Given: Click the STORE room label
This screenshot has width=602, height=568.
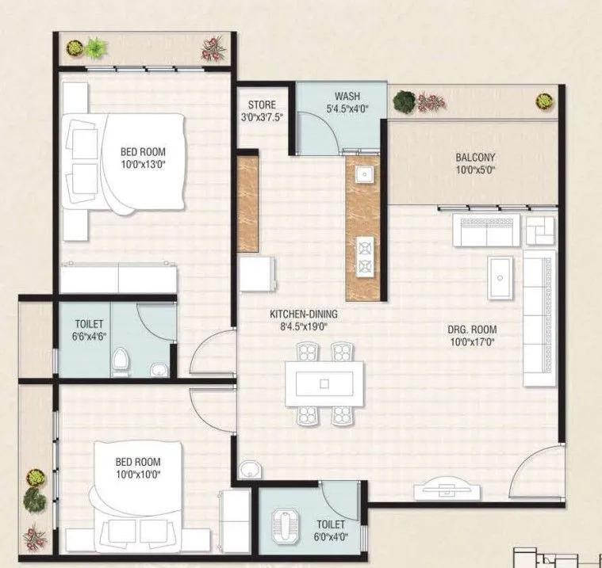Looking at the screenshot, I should click(x=261, y=105).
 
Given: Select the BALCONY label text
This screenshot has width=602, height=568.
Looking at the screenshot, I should click(x=475, y=157).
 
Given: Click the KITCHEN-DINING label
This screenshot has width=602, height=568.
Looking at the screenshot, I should click(x=297, y=314).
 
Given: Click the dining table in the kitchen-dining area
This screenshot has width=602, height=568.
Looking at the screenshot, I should click(x=324, y=383).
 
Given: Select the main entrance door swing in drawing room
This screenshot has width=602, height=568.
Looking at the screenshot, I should click(x=535, y=473).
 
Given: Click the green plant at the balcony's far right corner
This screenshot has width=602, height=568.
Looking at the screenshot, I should click(x=544, y=101).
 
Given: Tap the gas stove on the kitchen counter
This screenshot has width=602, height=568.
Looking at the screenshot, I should click(x=364, y=255).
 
